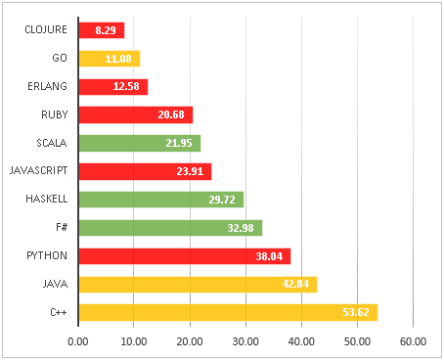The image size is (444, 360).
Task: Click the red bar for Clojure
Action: [x=101, y=30]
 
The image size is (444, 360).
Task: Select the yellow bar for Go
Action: [x=109, y=59]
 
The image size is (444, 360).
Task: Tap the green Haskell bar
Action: [x=160, y=200]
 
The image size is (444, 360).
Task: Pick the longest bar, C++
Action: [x=227, y=313]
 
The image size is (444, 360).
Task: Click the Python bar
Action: [x=184, y=256]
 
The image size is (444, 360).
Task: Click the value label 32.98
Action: [x=243, y=228]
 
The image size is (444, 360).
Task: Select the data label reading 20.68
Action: [x=172, y=115]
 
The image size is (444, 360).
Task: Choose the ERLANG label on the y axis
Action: [x=48, y=87]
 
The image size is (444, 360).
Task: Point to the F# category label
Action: [x=61, y=228]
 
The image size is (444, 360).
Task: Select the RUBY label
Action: [x=54, y=115]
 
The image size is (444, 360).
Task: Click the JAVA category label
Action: [x=55, y=285]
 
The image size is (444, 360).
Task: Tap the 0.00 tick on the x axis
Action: [x=78, y=342]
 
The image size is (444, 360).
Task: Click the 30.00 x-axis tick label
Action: [x=245, y=342]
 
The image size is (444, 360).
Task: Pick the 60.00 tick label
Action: [x=413, y=342]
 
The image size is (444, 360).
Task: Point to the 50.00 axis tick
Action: [x=357, y=342]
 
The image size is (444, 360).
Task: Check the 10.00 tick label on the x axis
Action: [x=134, y=342]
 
